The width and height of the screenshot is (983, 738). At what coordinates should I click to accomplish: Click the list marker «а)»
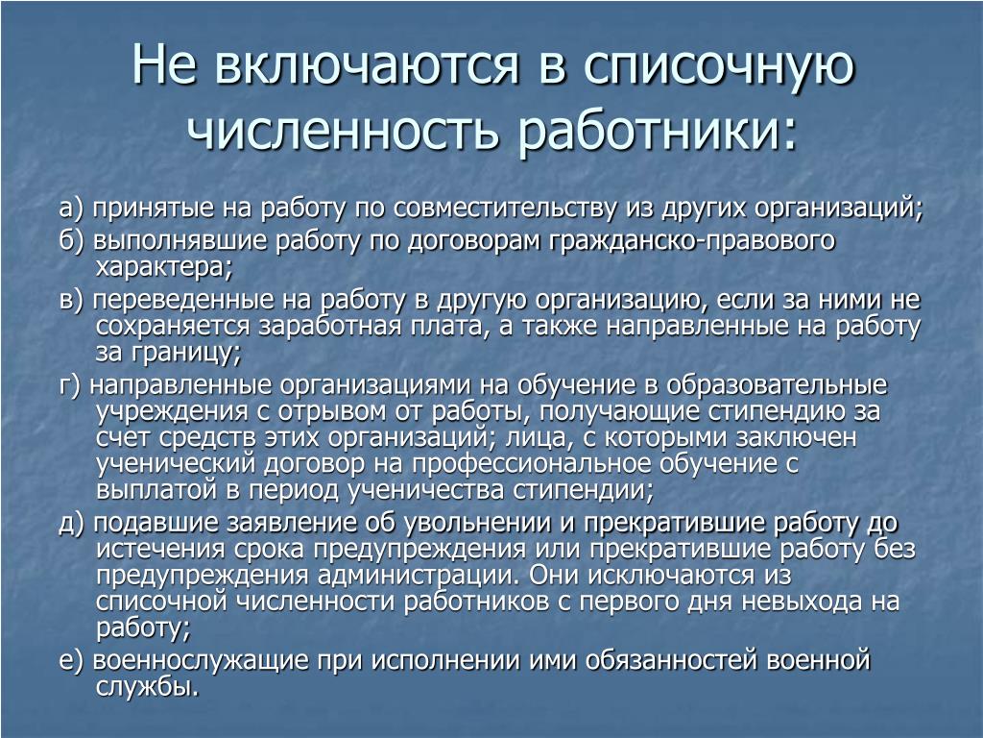click(71, 208)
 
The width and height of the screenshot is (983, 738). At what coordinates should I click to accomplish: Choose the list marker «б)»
click(71, 241)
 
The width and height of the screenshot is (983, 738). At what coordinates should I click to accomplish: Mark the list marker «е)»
click(71, 661)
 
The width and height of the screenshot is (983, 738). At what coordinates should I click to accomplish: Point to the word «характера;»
click(164, 268)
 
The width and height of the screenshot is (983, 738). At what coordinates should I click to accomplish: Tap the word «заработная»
click(329, 327)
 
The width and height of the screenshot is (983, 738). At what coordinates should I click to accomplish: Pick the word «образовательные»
click(777, 385)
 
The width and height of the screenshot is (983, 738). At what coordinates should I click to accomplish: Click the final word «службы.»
click(147, 688)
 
